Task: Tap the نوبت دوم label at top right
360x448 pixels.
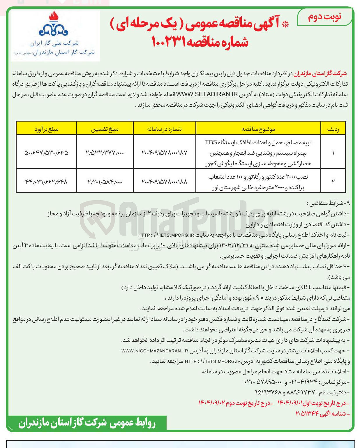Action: (324, 17)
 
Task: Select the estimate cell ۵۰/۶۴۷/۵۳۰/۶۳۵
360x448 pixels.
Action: (46, 152)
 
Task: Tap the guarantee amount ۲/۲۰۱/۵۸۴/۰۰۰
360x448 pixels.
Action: (105, 182)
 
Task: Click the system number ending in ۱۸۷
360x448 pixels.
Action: (165, 152)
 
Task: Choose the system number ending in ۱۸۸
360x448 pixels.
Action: (165, 182)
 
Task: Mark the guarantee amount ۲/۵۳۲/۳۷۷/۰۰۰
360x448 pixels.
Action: (105, 152)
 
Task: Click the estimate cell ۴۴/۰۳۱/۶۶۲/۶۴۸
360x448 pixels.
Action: (46, 182)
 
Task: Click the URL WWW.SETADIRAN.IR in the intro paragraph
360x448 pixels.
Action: (207, 94)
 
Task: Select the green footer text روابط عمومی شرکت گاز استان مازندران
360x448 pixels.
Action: (87, 423)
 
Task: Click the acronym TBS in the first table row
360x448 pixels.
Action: (211, 142)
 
